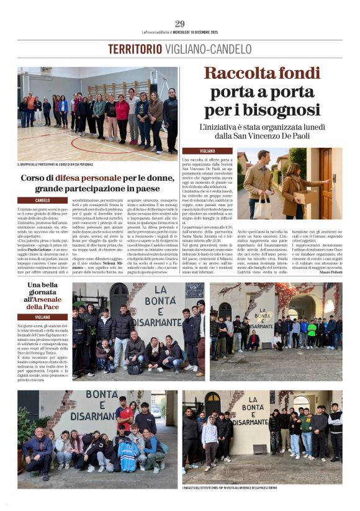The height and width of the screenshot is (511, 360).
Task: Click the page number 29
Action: coord(179,24)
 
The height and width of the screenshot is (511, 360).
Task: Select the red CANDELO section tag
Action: coord(43,200)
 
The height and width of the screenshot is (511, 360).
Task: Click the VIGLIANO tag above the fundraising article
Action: coord(191,151)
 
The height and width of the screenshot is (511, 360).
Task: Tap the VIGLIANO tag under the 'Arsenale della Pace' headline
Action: coord(43,317)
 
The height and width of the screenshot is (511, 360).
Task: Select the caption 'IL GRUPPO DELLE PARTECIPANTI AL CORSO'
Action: coord(55,165)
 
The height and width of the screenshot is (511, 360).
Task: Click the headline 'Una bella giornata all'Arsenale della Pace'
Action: coord(43,296)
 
